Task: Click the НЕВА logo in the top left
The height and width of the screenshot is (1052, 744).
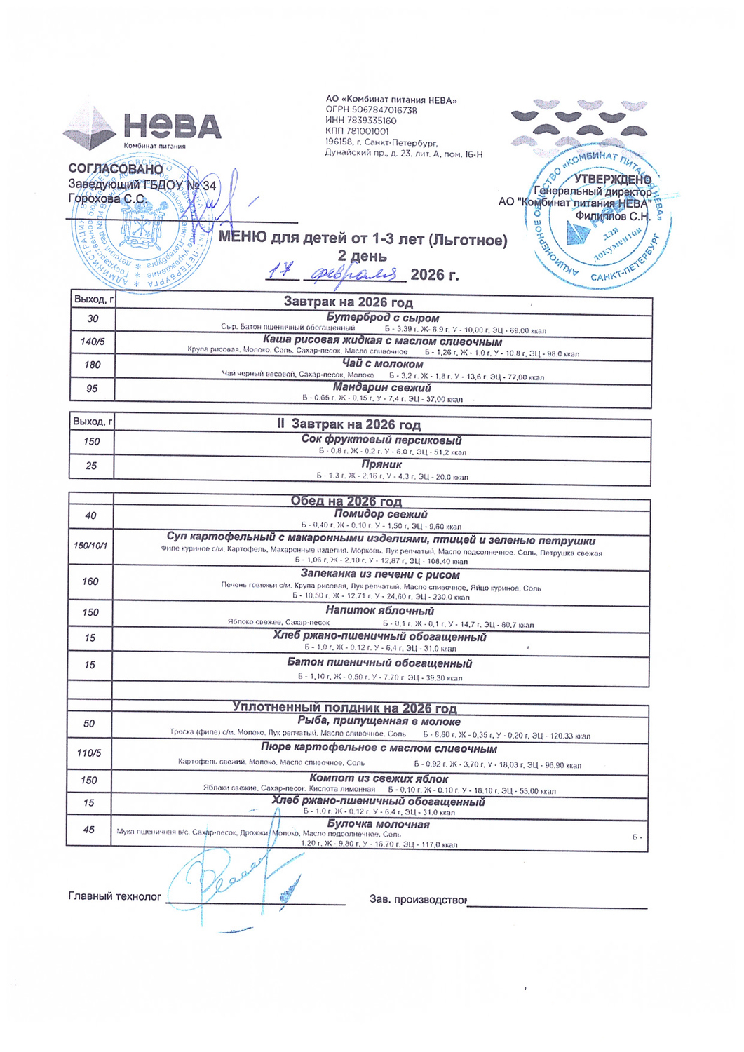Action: click(x=144, y=128)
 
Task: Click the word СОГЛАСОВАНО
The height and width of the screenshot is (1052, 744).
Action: click(x=115, y=169)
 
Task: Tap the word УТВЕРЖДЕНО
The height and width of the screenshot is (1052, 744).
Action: click(x=612, y=180)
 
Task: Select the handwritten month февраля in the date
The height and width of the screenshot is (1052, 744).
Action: click(x=356, y=274)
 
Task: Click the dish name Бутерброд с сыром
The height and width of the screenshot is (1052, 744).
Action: click(x=382, y=318)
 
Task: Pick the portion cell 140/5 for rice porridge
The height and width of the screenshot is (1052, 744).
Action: click(x=92, y=342)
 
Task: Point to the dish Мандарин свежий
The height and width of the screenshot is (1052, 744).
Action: click(x=382, y=387)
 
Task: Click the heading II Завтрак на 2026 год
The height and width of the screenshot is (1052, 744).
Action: click(x=349, y=424)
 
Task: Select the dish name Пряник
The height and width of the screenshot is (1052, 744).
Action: click(x=381, y=464)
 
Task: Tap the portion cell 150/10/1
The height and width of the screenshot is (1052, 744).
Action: click(x=91, y=545)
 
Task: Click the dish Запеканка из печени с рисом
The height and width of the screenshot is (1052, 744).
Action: click(x=380, y=574)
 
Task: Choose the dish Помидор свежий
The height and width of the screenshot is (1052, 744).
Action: click(x=381, y=514)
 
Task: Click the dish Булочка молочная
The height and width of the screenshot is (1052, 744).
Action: click(x=378, y=824)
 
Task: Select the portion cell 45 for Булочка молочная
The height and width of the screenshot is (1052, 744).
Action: click(x=88, y=830)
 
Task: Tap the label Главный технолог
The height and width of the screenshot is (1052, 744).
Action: click(x=114, y=896)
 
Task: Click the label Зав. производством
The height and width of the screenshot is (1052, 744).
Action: click(x=418, y=899)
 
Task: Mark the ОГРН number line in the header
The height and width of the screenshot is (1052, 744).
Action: click(x=371, y=110)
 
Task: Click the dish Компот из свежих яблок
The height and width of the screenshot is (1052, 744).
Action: click(x=379, y=778)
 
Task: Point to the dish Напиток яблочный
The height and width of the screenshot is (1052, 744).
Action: click(x=379, y=611)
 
